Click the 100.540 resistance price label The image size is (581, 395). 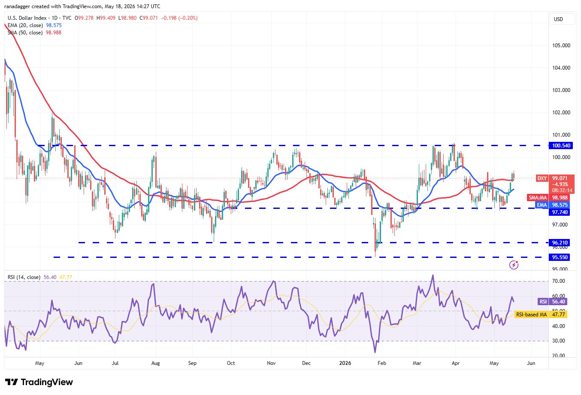[x=561, y=146]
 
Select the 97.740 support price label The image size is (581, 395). [x=560, y=212]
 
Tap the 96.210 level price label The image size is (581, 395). [x=560, y=243]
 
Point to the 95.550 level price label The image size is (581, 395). [x=560, y=257]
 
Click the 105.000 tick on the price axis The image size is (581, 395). [x=561, y=46]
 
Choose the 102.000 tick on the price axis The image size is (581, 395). [x=561, y=113]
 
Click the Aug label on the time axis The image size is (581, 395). [x=155, y=363]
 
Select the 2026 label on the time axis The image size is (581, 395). [x=345, y=363]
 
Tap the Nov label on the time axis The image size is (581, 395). [x=271, y=363]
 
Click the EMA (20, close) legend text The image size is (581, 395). [x=25, y=25]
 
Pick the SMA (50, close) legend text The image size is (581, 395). [x=25, y=33]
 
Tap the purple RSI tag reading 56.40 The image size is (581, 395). [x=553, y=301]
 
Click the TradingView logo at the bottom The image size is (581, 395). [x=39, y=382]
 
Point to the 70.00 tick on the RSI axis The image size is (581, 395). [x=559, y=281]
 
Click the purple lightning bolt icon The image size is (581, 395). [x=514, y=265]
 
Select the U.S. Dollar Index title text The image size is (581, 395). [x=27, y=18]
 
